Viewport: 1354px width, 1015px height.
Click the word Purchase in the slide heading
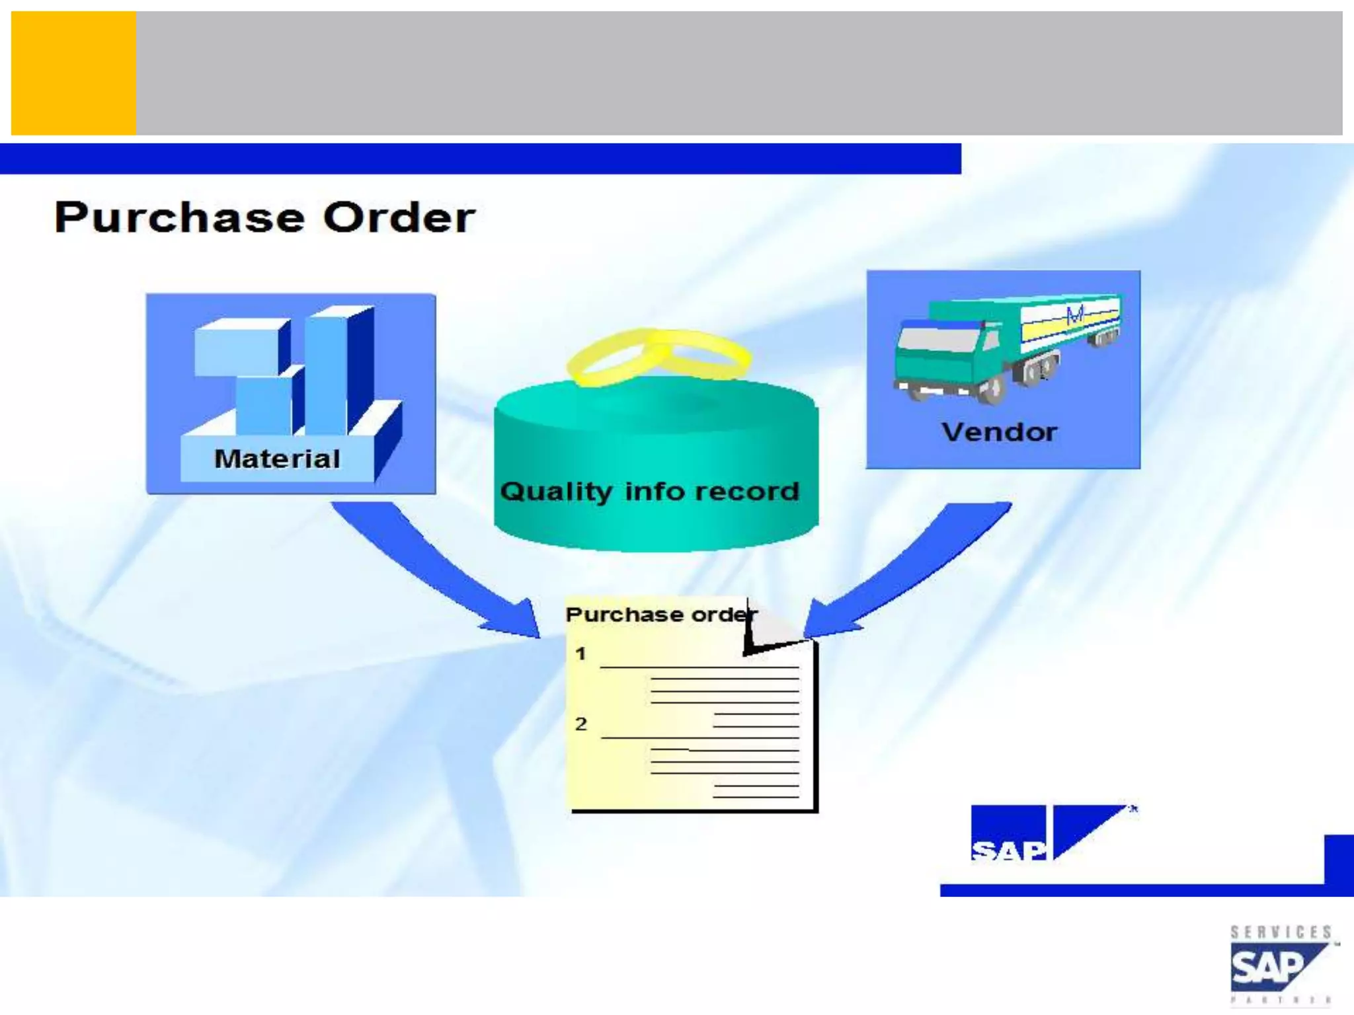pyautogui.click(x=180, y=218)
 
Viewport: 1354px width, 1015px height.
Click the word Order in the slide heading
pyautogui.click(x=399, y=218)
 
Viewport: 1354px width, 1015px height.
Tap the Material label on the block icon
pyautogui.click(x=277, y=459)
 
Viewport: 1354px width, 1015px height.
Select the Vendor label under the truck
pyautogui.click(x=999, y=432)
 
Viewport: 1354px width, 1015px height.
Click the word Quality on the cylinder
pyautogui.click(x=556, y=492)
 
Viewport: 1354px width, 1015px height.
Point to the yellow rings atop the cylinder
pyautogui.click(x=658, y=357)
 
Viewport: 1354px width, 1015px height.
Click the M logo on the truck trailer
pyautogui.click(x=1076, y=315)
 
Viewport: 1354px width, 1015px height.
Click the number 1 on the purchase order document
pyautogui.click(x=580, y=654)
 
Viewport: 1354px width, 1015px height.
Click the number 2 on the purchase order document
pyautogui.click(x=580, y=724)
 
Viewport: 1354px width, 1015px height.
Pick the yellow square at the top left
pyautogui.click(x=73, y=73)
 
